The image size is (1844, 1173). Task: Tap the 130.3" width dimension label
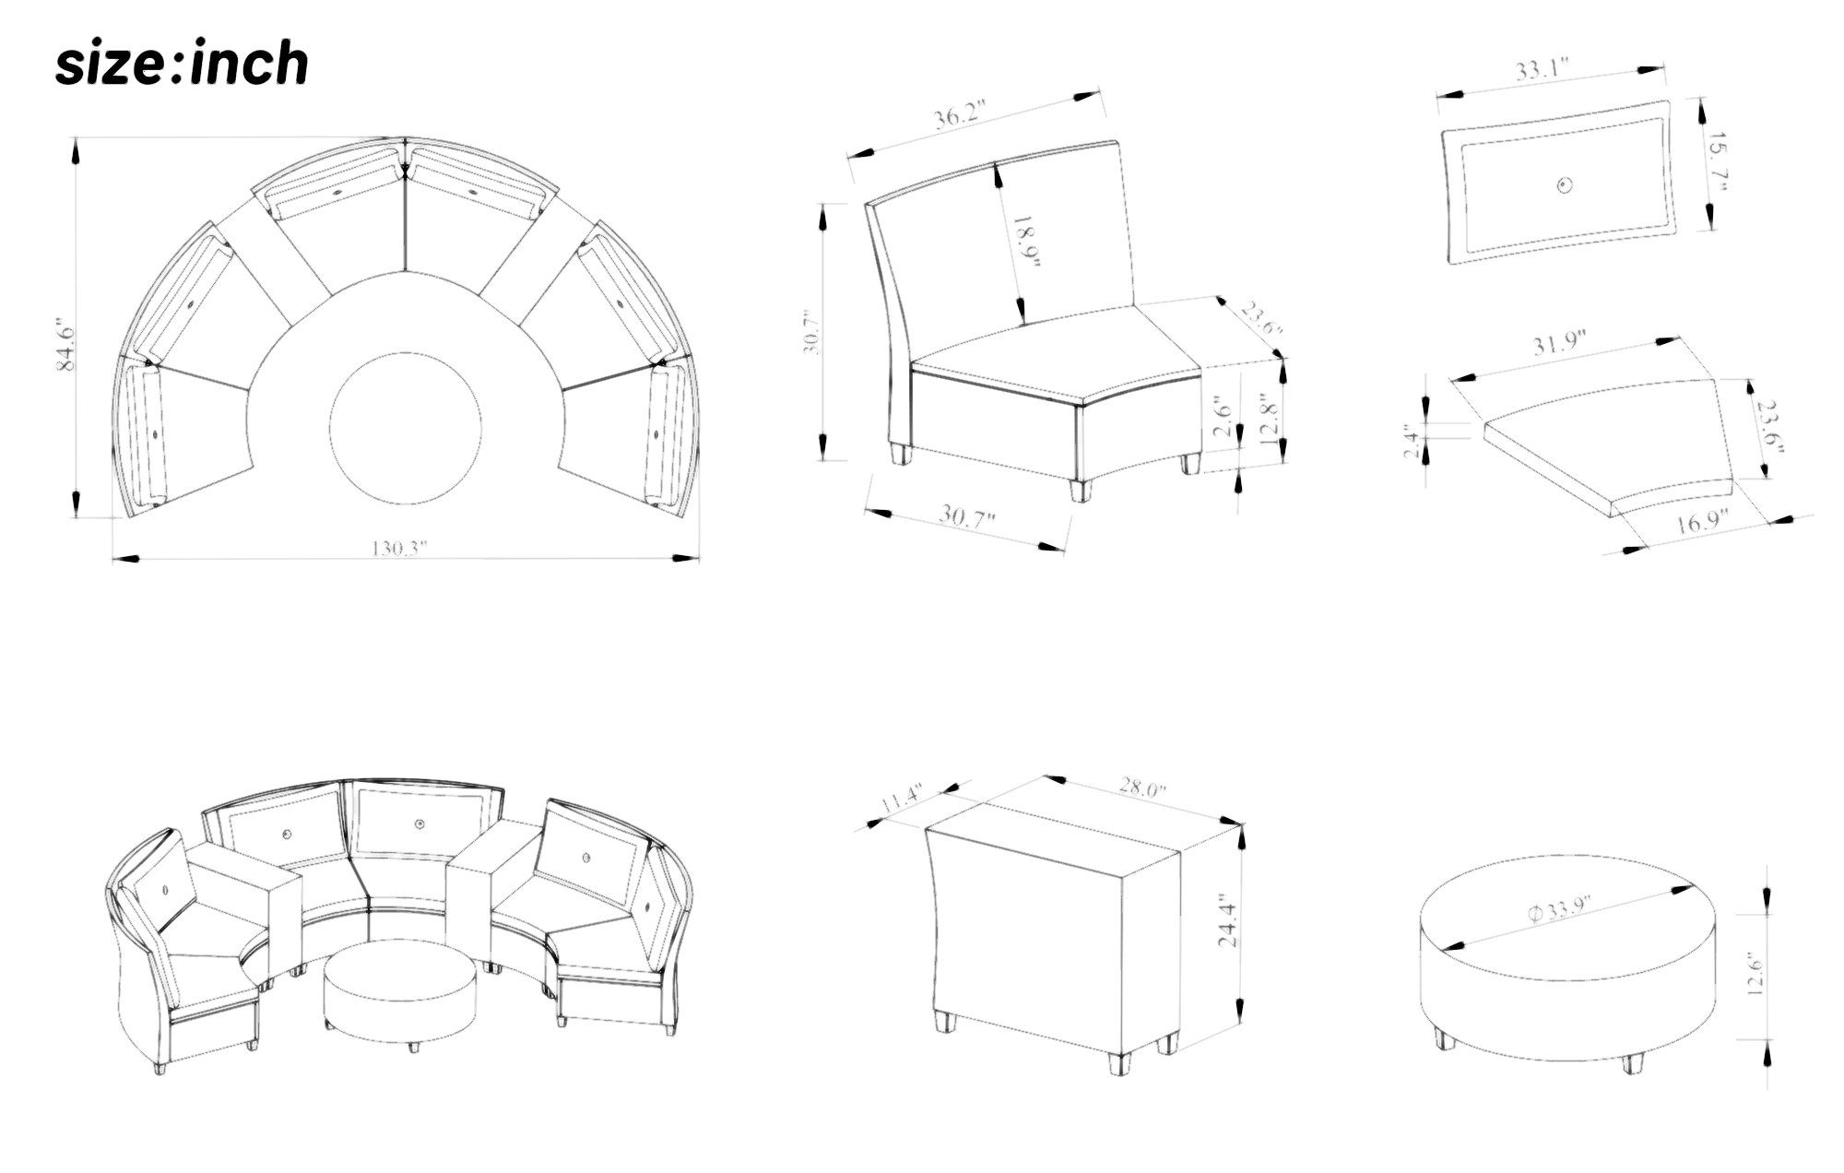[401, 548]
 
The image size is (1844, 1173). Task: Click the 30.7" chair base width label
[968, 515]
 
